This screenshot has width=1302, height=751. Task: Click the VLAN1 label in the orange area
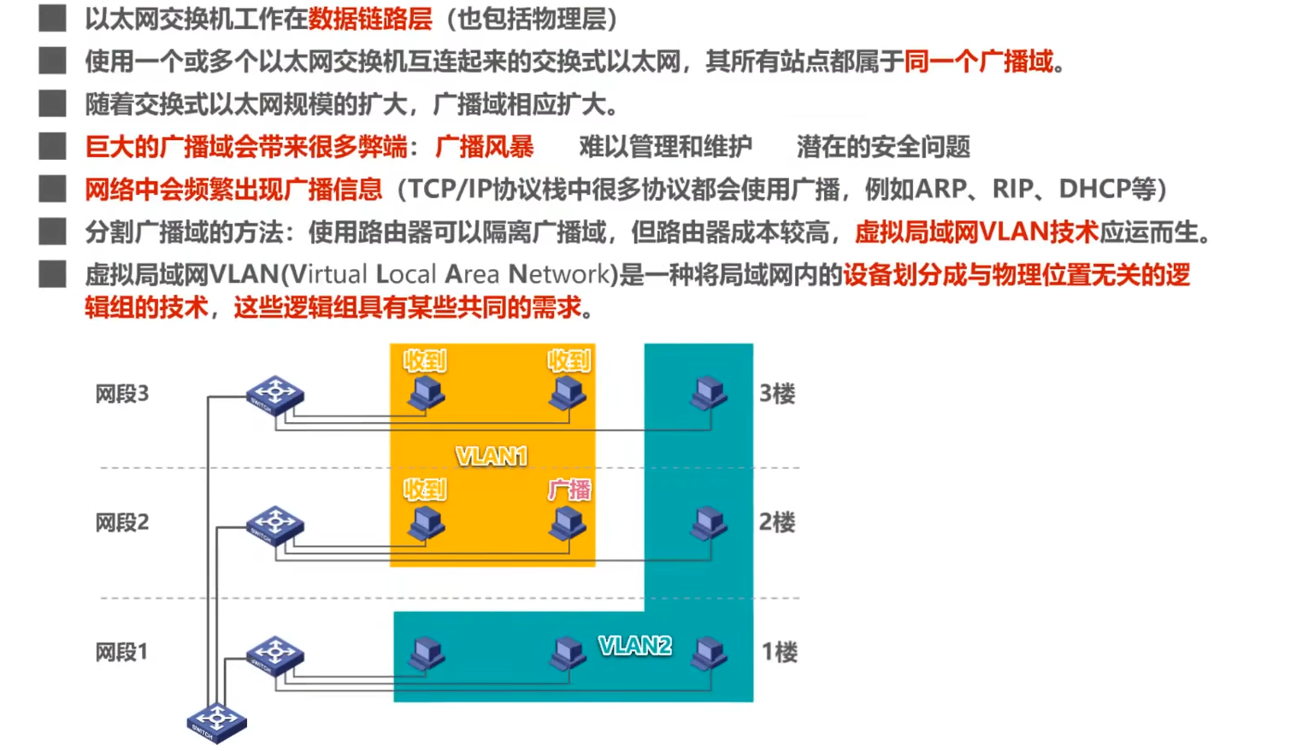pos(492,456)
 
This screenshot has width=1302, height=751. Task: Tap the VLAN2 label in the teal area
pos(635,646)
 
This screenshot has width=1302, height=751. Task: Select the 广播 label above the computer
pos(569,490)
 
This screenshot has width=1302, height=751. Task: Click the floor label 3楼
pos(777,394)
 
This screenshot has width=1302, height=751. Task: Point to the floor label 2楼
pos(777,522)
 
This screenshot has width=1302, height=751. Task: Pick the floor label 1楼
pos(779,652)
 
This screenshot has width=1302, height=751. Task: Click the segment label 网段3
pos(122,394)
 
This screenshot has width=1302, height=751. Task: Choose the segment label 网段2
pos(122,522)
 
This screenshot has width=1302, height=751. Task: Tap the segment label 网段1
pos(121,652)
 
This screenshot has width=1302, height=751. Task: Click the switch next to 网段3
pos(274,395)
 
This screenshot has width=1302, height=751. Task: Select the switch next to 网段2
pos(274,525)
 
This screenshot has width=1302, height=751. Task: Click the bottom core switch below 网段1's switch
pos(216,722)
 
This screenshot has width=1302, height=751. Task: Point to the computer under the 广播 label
pos(568,524)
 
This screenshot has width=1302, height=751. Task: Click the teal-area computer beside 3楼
pos(709,394)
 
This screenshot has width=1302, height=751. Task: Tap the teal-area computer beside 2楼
pos(709,523)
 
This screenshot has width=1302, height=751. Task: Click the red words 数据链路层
pos(370,19)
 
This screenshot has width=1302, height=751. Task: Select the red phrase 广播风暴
pos(485,147)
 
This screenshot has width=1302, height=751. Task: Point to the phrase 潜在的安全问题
pos(883,147)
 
